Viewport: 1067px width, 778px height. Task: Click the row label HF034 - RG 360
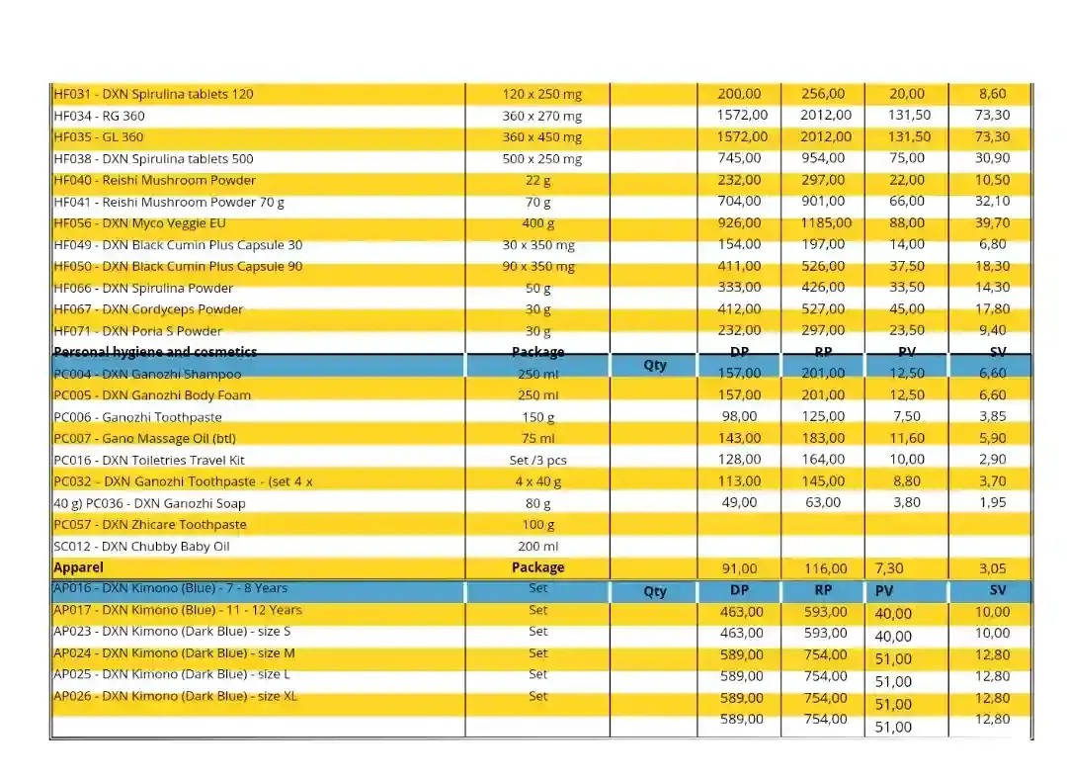point(99,116)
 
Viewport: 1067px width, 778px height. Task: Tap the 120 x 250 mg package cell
point(541,94)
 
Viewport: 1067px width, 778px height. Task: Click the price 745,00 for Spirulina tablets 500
point(739,158)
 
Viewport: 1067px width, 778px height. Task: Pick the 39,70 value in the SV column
point(993,222)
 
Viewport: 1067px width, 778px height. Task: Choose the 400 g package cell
point(537,223)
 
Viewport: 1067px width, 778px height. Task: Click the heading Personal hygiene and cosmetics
point(155,352)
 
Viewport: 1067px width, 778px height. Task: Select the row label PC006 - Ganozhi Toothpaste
point(137,417)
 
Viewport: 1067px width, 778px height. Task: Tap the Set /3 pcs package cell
point(537,460)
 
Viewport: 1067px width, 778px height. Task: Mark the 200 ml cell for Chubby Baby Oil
point(537,547)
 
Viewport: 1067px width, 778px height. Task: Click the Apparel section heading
point(78,567)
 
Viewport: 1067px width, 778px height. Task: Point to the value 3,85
point(992,416)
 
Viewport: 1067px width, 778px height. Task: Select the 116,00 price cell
point(825,568)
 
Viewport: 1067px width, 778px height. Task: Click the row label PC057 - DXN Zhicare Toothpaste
point(150,525)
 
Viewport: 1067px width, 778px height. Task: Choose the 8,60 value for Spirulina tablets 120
point(992,94)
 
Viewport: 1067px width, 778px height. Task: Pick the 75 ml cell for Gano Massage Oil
point(537,438)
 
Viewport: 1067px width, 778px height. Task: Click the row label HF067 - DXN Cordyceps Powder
point(148,309)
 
